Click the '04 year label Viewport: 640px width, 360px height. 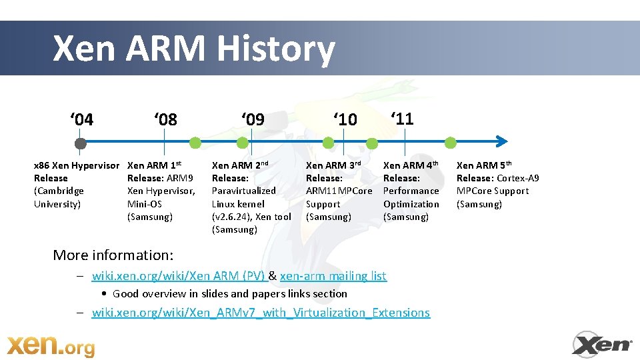[82, 119]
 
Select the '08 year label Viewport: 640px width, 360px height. [165, 119]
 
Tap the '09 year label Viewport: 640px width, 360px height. [253, 119]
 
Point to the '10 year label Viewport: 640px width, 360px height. [345, 119]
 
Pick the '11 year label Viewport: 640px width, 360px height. [402, 119]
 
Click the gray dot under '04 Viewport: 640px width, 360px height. [81, 143]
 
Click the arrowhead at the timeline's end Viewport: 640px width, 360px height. [501, 141]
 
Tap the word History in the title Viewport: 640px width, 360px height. [275, 49]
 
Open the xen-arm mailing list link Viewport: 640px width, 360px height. [333, 276]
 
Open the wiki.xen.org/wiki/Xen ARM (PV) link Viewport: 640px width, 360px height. [178, 276]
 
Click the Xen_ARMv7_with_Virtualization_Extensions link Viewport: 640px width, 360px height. [261, 313]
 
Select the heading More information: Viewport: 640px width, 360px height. [113, 255]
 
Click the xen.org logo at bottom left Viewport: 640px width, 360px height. [51, 345]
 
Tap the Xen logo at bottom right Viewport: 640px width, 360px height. [602, 344]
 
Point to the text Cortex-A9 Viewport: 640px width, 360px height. [518, 178]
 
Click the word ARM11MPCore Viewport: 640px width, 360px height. [339, 191]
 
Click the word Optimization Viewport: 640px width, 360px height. [411, 204]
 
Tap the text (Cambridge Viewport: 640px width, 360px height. [59, 191]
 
